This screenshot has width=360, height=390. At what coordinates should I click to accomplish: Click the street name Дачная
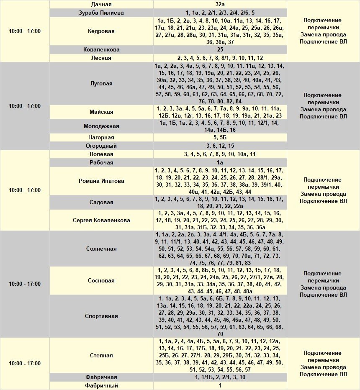click(x=101, y=5)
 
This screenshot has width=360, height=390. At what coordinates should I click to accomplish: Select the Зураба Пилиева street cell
click(x=101, y=13)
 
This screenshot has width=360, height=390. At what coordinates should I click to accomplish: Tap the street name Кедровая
click(x=101, y=31)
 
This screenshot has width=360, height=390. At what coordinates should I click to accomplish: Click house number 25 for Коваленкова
click(x=220, y=50)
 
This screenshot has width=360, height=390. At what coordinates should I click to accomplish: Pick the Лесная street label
click(x=101, y=58)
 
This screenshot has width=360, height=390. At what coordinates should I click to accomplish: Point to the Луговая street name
click(x=101, y=84)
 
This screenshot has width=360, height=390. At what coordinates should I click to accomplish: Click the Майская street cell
click(x=101, y=112)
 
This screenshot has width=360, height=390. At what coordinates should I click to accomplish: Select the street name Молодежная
click(x=101, y=126)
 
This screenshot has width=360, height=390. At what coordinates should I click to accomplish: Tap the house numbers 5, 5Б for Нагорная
click(x=220, y=138)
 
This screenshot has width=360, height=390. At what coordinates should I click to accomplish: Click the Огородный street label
click(x=101, y=146)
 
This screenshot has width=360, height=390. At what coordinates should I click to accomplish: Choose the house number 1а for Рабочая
click(x=220, y=163)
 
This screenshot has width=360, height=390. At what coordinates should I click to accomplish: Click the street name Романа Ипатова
click(x=101, y=181)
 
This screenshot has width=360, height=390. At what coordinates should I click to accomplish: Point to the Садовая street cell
click(x=101, y=203)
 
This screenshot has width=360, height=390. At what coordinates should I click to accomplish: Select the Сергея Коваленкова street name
click(x=101, y=221)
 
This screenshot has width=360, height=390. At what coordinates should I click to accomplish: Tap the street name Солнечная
click(x=101, y=249)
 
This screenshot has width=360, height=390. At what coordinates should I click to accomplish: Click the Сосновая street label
click(x=101, y=281)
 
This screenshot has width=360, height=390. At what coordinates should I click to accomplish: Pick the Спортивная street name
click(x=101, y=316)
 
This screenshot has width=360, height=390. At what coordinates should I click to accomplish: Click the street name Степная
click(x=101, y=356)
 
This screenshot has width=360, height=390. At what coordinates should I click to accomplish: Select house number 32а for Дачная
click(x=220, y=5)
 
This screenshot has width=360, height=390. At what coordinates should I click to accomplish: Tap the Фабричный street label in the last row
click(x=101, y=386)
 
